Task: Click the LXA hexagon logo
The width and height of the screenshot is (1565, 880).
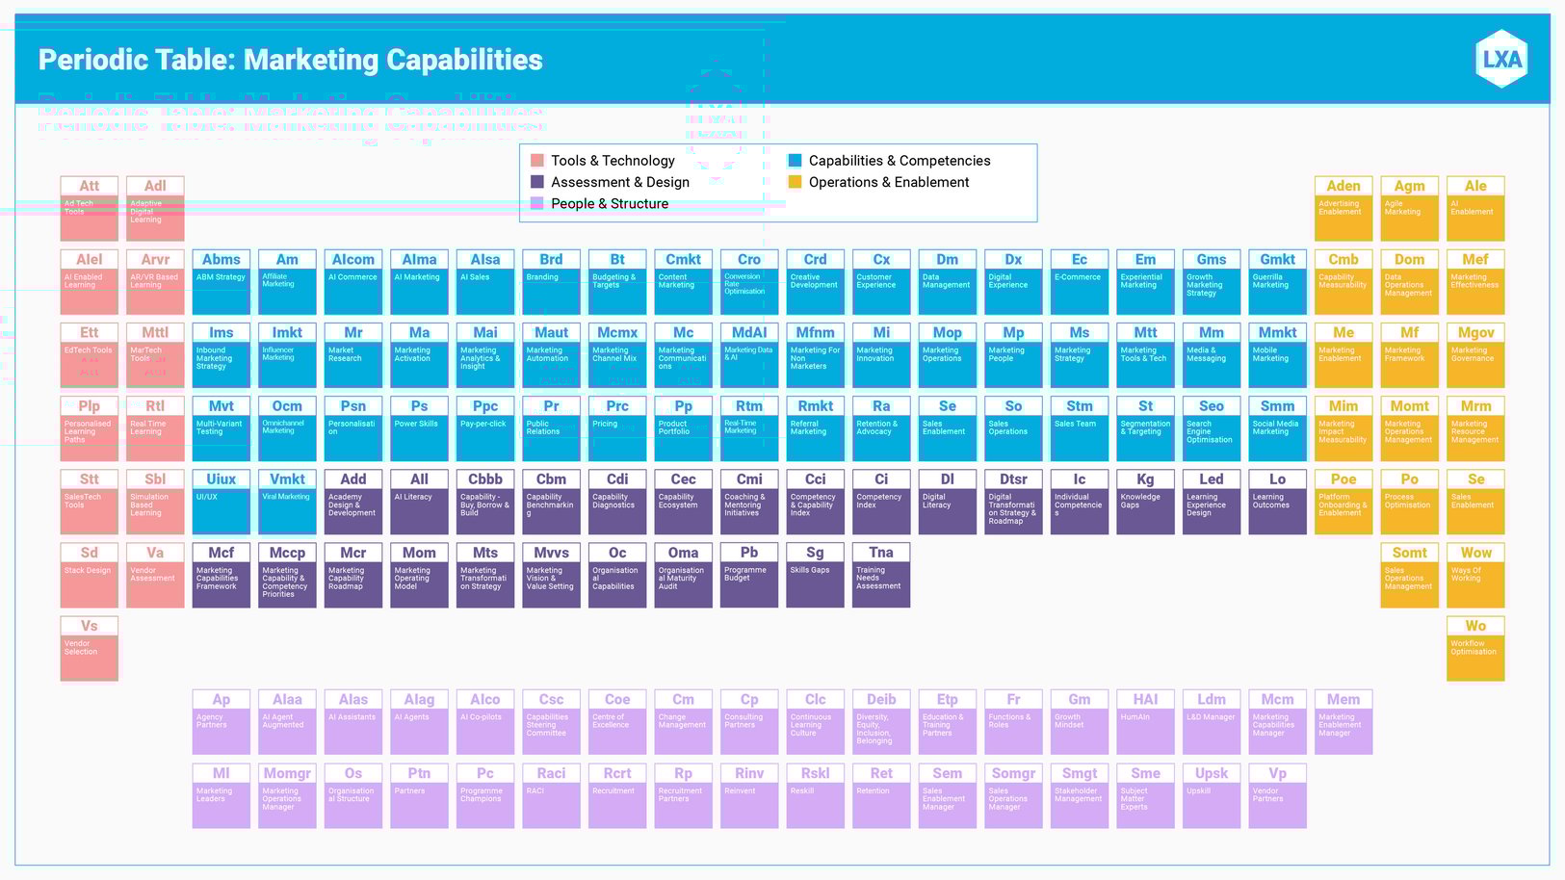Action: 1501,59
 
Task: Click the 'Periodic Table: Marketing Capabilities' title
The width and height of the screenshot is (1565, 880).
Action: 290,60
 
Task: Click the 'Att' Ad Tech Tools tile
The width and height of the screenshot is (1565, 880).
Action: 89,208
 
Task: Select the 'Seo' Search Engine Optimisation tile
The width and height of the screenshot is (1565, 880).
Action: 1212,428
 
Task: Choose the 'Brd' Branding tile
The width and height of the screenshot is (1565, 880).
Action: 551,282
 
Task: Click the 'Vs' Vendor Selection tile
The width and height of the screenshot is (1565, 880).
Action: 89,649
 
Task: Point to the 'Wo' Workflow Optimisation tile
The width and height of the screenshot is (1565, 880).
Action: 1475,649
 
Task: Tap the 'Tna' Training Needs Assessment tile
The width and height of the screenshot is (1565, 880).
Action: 881,575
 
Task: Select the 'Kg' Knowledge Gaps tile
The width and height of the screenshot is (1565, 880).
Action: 1145,502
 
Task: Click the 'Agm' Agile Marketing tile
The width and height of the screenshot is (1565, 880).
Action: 1409,208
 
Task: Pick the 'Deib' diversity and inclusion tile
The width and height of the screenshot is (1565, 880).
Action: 881,722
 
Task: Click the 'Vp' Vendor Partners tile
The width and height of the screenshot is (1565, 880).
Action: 1277,795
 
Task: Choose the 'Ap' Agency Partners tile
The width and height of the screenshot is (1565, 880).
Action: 221,722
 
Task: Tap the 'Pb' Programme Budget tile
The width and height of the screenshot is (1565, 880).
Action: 749,575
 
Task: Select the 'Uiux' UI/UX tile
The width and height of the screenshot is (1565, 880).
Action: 221,502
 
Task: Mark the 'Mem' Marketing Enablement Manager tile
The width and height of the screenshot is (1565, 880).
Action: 1343,722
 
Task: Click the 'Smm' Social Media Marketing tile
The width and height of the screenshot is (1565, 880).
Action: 1277,428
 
